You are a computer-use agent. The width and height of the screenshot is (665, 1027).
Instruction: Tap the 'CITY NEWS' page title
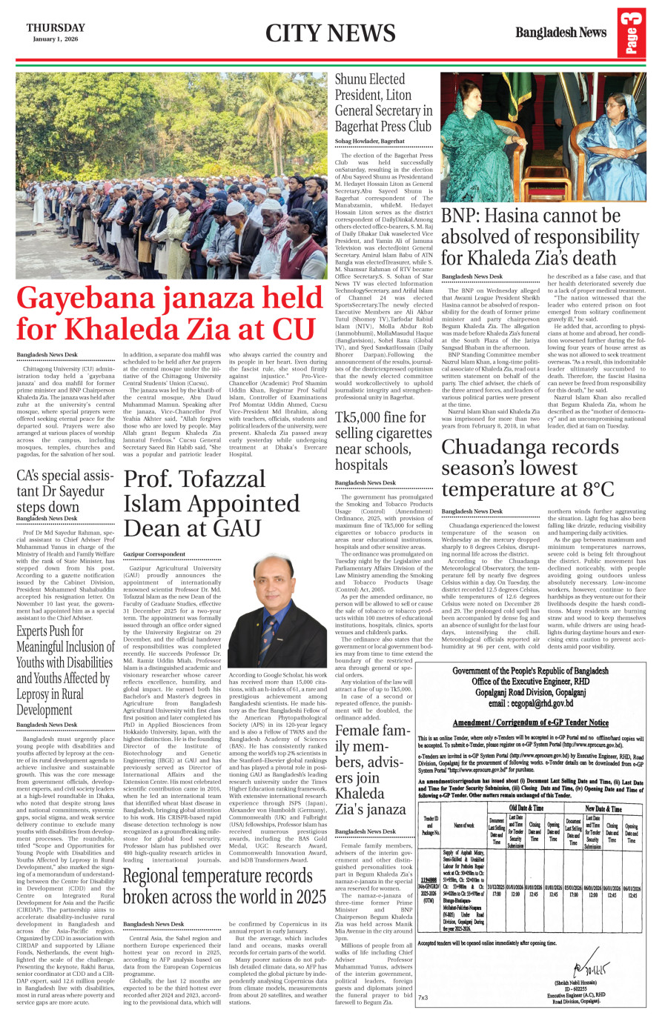(x=330, y=33)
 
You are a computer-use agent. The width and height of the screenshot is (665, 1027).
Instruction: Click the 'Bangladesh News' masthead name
(x=560, y=33)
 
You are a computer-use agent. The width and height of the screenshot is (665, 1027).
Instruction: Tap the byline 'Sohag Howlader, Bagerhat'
(x=370, y=141)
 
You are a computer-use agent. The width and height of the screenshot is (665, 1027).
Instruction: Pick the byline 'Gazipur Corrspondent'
(x=154, y=554)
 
